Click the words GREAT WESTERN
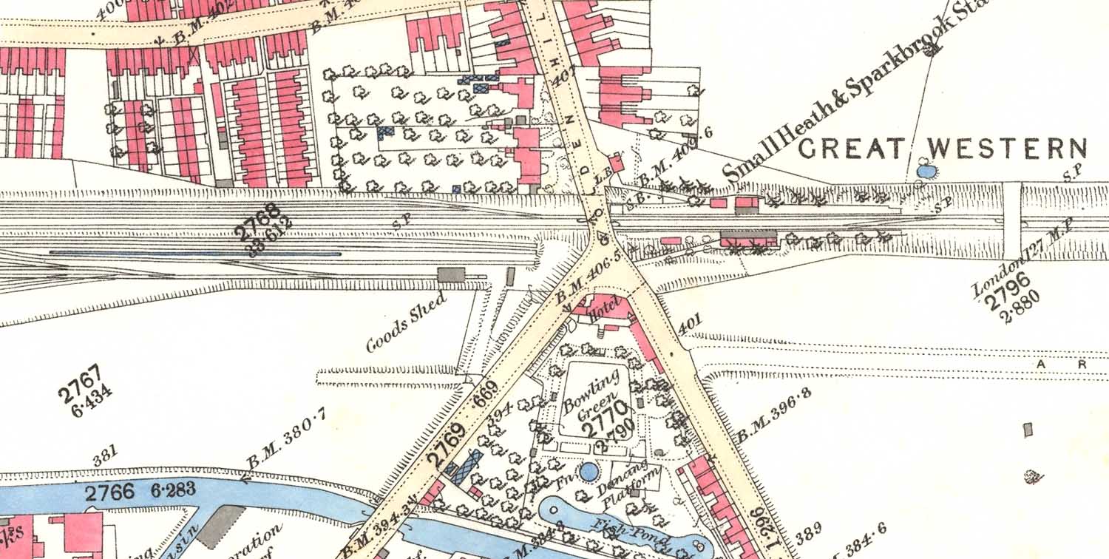tap(943, 149)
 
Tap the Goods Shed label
tap(406, 322)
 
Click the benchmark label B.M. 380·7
tap(285, 443)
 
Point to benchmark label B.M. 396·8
tap(773, 416)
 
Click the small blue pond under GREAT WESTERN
tap(924, 171)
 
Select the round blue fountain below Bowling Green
tap(589, 471)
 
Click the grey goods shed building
tap(451, 275)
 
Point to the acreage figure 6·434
tap(88, 402)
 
